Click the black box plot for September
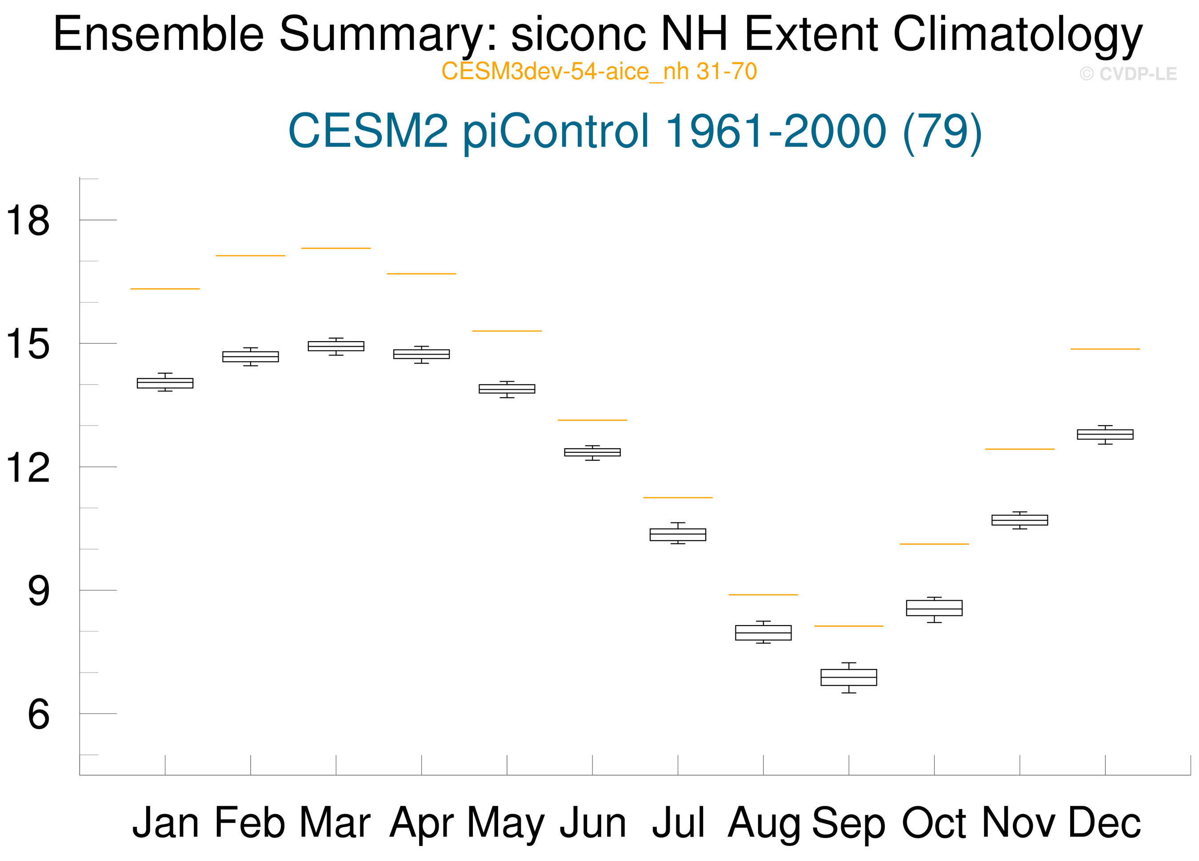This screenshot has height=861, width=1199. pos(848,677)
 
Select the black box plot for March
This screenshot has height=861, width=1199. pos(336,346)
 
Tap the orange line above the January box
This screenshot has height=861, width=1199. pos(165,289)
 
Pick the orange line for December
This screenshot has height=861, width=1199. pos(1105,349)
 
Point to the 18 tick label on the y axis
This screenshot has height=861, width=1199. pos(28,220)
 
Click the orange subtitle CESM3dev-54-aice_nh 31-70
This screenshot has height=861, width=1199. pos(599,72)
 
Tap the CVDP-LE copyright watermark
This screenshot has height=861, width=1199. pos(1128,74)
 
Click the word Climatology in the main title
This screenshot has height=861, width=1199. pos(1018,35)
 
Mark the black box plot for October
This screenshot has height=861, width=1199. pos(934,609)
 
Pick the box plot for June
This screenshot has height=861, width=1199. pos(592,452)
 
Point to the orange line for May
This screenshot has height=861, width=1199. pos(507,331)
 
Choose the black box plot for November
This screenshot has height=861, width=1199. pos(1019,520)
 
